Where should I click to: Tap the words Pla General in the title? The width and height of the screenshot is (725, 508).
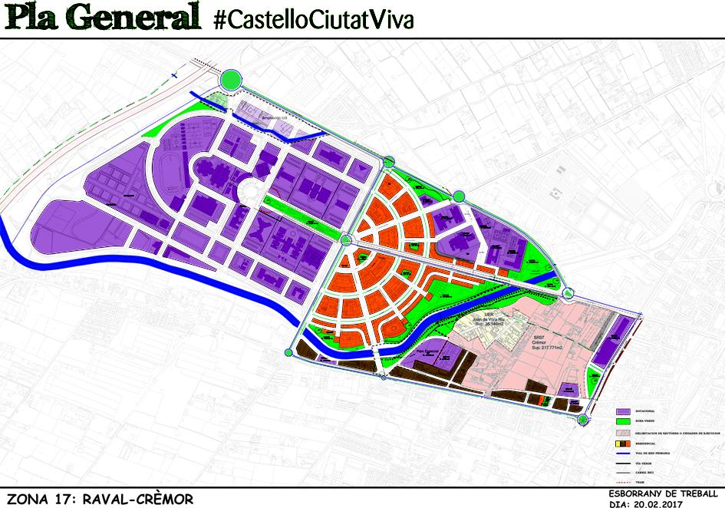(101, 18)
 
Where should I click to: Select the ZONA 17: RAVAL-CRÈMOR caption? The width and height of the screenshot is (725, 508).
(97, 499)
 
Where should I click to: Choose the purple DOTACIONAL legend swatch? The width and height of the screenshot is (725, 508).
(623, 411)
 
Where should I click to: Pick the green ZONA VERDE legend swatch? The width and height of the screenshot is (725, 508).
(623, 421)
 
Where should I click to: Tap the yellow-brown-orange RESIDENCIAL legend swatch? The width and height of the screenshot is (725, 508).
(623, 443)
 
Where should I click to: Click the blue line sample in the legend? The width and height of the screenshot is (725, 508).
(623, 454)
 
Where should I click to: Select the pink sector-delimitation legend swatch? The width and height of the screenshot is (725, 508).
(623, 432)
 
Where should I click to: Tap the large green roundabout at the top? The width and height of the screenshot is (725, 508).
(231, 78)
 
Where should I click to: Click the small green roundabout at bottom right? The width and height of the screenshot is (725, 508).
(583, 418)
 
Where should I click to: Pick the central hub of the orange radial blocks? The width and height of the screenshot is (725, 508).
(346, 239)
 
